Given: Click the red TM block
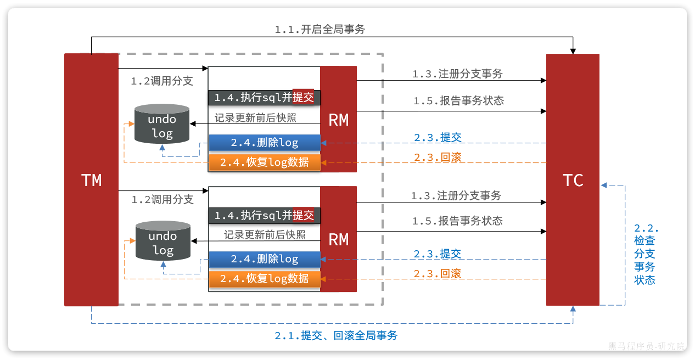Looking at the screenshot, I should click(91, 179).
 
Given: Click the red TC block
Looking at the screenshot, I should click(573, 179).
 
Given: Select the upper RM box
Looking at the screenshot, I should click(338, 119).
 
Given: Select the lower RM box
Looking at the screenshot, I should click(338, 239).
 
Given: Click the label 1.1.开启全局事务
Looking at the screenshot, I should click(320, 30).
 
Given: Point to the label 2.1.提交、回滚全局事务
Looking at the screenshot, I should click(336, 335).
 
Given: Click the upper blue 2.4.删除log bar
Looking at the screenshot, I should click(264, 143).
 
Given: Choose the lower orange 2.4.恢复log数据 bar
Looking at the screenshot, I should click(264, 279).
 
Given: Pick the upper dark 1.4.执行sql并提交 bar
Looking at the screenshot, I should click(264, 98).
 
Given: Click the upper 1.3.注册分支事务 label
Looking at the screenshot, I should click(457, 74).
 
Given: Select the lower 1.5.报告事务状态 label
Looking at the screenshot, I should click(457, 221).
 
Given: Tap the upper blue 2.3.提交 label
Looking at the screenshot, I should click(438, 137).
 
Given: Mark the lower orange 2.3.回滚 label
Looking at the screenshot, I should click(438, 273).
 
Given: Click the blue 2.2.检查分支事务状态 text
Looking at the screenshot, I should click(646, 254).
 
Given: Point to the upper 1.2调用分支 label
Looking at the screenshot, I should click(162, 81).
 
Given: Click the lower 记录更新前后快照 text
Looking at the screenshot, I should click(265, 235).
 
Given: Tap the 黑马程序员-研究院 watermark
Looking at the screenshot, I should click(646, 346).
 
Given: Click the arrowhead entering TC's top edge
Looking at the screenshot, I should click(573, 51).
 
